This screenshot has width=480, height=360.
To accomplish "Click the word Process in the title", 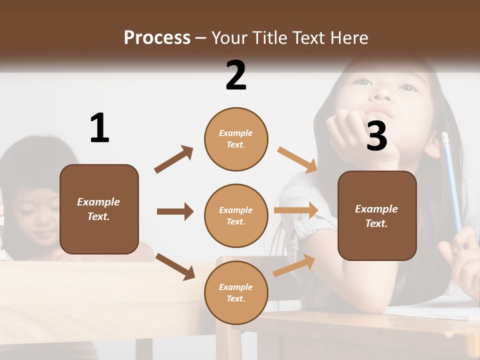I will (x=157, y=37).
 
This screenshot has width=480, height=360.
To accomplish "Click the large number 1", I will (x=99, y=128).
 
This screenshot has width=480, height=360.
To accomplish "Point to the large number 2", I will (x=236, y=75).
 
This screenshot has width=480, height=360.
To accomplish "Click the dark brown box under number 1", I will (x=99, y=209).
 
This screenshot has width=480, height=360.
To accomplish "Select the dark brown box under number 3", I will (x=377, y=215).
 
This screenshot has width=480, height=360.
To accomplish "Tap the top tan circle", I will (x=236, y=139).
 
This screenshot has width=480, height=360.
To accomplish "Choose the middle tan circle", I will (x=236, y=215).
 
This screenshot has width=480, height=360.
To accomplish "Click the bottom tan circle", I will (x=236, y=292).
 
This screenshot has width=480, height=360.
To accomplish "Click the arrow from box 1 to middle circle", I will (x=175, y=211).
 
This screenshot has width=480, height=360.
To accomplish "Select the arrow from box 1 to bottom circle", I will (x=175, y=266).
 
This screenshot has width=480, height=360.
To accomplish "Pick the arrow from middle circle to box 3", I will (x=296, y=210).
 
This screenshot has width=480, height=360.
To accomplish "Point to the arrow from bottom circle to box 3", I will (x=294, y=265).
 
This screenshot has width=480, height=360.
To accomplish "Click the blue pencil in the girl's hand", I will (x=451, y=180).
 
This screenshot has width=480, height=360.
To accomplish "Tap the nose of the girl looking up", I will (x=383, y=93).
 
